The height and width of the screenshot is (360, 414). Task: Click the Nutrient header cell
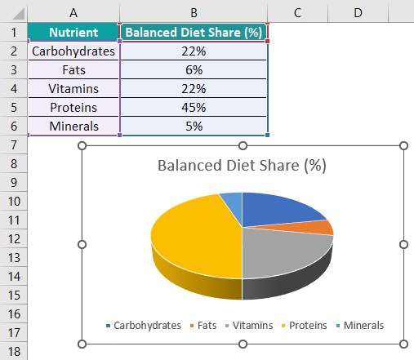click(x=73, y=33)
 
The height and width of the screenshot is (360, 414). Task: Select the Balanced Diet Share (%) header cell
click(x=194, y=33)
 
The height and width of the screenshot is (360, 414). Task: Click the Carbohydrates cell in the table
click(x=73, y=51)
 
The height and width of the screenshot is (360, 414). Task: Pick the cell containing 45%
click(x=194, y=108)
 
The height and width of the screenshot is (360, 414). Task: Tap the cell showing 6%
click(x=194, y=70)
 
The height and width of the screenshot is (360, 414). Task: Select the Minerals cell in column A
click(x=73, y=127)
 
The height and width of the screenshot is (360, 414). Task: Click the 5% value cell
click(x=194, y=127)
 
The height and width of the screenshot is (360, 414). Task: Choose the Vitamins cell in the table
click(x=73, y=89)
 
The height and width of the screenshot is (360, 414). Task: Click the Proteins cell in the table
click(x=73, y=108)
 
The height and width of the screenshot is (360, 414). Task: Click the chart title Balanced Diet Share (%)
click(x=242, y=166)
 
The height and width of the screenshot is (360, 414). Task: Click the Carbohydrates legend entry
click(x=143, y=325)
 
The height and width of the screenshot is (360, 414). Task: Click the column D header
click(x=358, y=11)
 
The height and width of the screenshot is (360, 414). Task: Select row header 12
click(x=14, y=238)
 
